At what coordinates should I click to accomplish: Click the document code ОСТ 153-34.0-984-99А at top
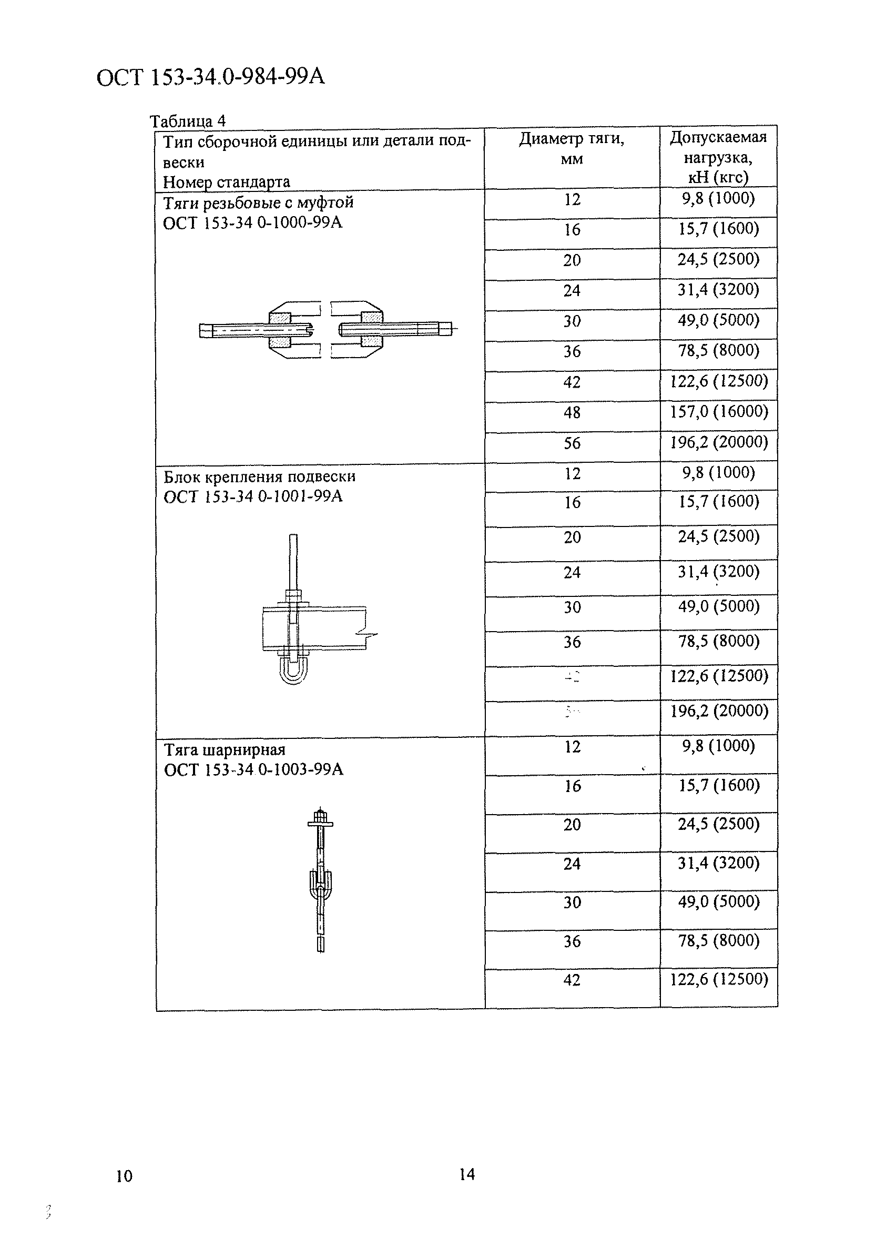tap(210, 77)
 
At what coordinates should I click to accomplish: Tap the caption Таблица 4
tap(188, 120)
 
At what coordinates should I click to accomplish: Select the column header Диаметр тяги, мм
tap(571, 148)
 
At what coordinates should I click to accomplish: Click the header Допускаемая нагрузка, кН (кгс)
tap(718, 157)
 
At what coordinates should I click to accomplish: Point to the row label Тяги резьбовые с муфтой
tap(259, 203)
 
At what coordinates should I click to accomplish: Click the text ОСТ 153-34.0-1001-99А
tap(253, 496)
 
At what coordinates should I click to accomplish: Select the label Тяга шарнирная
tap(225, 749)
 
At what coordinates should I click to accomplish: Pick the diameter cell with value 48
tap(572, 412)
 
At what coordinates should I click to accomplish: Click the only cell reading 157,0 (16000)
tap(718, 411)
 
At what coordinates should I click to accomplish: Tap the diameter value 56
tap(572, 443)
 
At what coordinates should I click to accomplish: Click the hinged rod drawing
tap(320, 879)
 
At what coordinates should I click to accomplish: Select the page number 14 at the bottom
tap(467, 1174)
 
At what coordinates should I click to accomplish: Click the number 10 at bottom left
tap(125, 1176)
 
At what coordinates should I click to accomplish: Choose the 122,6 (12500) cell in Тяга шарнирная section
tap(718, 979)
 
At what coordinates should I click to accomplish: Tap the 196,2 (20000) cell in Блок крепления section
tap(718, 711)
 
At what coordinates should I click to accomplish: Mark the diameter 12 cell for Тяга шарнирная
tap(572, 746)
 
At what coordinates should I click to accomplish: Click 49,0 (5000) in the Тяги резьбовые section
tap(718, 320)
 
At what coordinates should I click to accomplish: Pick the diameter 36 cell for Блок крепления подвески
tap(572, 642)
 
